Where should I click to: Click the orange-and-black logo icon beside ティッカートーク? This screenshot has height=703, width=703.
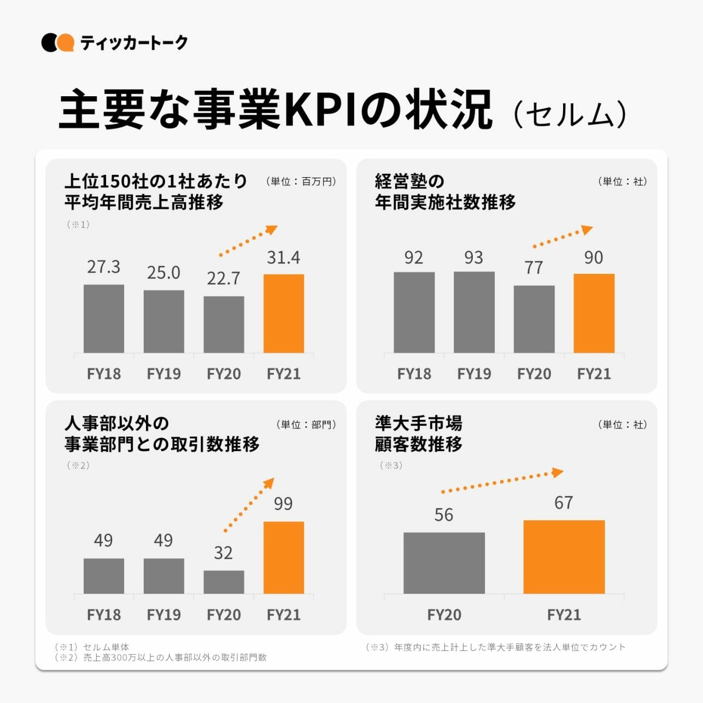coord(57,43)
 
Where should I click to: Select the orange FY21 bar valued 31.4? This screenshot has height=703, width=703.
coord(284,313)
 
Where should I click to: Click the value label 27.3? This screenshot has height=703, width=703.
coord(103,267)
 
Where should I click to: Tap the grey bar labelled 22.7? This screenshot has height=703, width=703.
coord(224,324)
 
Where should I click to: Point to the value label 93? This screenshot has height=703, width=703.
coord(473,257)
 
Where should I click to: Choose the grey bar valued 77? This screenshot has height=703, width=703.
coord(534,319)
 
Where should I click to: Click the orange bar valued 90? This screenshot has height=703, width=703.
coord(594,313)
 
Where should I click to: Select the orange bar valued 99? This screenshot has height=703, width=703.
coord(284,557)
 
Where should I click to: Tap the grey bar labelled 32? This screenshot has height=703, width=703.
coord(224,582)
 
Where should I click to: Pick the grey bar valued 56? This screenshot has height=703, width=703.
coord(444,563)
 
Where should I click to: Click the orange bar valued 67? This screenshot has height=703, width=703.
coord(564,556)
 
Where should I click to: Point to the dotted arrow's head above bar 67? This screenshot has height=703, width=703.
coord(558,472)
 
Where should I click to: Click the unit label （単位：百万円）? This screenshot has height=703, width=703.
coord(301,181)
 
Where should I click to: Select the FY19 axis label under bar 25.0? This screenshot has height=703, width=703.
coord(163,374)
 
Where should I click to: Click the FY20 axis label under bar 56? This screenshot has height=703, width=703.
coord(444,615)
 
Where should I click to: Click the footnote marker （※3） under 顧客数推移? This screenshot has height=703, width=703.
coord(391,466)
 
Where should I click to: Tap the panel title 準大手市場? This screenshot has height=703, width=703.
coord(418,423)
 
